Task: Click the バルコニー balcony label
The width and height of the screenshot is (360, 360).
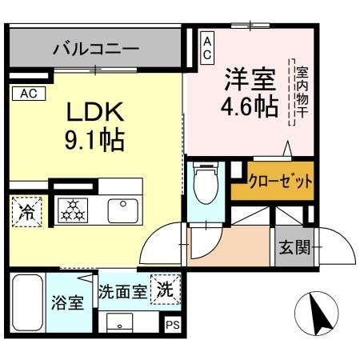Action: point(95,49)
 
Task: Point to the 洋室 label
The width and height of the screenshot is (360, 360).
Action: point(249,80)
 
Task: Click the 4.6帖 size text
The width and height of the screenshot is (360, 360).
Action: point(250,106)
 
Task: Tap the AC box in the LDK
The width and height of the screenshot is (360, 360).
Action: point(28,94)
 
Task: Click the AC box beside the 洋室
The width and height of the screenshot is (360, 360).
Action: point(206,48)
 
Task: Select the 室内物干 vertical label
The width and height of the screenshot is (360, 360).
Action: point(301,92)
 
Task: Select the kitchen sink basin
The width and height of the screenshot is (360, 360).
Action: point(124,210)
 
